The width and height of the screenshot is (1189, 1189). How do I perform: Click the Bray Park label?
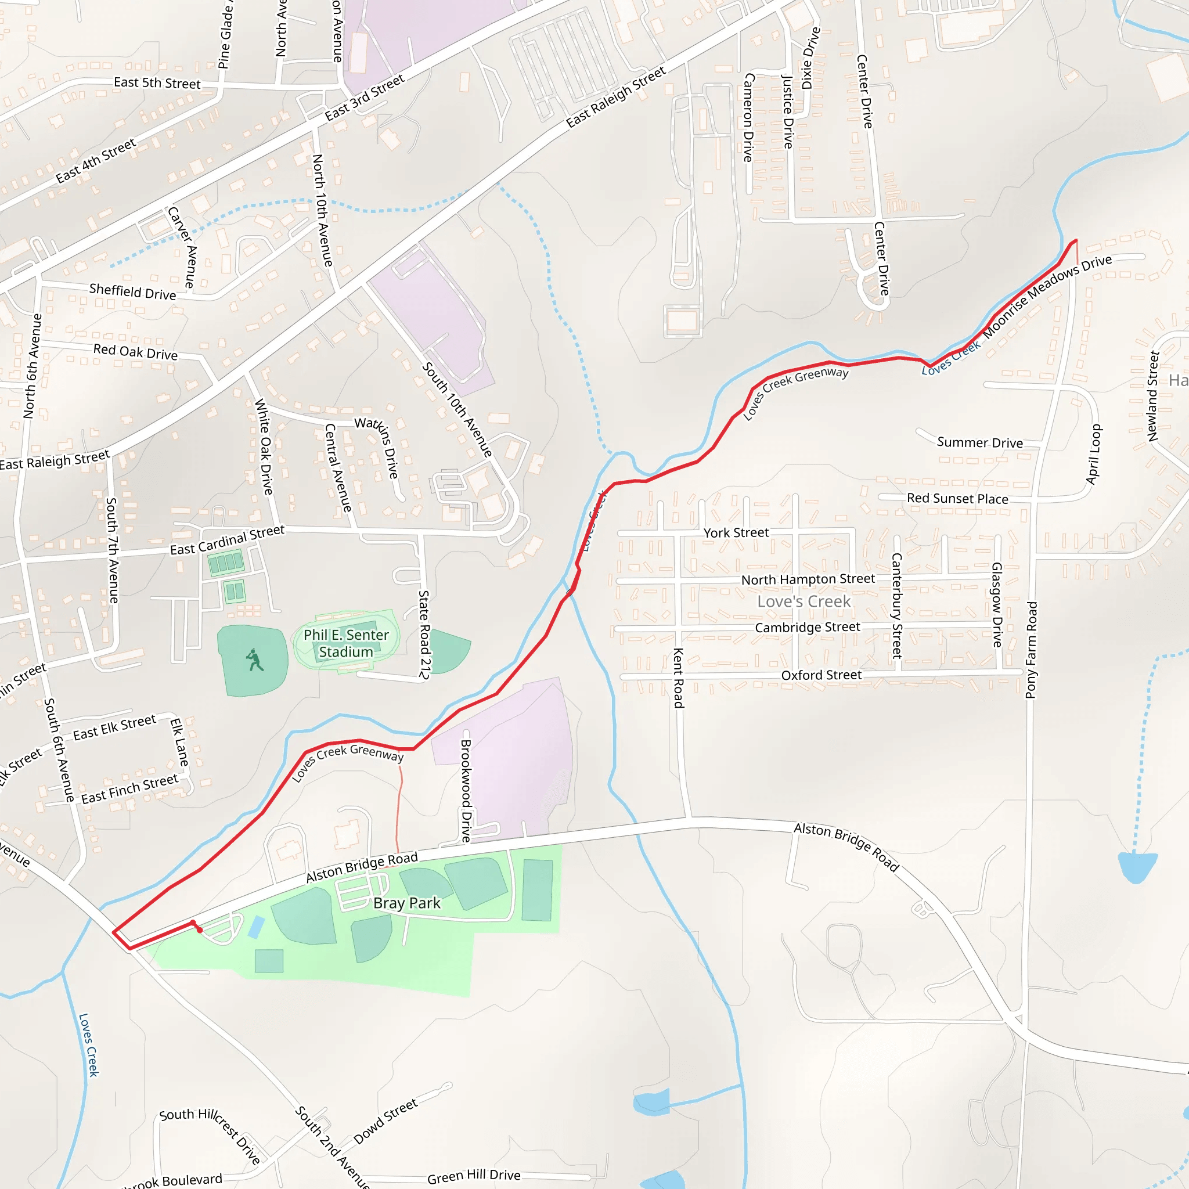point(407,903)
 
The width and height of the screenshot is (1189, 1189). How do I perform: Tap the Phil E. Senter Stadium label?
point(346,643)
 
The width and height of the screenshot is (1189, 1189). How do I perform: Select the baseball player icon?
point(254,660)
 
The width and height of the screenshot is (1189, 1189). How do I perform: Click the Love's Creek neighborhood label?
point(804,601)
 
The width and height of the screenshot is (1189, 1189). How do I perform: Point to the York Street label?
point(736,533)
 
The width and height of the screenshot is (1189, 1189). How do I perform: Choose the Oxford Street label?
point(821,675)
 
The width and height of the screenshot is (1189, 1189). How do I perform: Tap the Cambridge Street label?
point(808,627)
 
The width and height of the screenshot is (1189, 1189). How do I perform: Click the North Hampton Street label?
point(808,579)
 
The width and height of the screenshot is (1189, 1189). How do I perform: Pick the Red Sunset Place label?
point(957,499)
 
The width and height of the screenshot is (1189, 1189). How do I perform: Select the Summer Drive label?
point(980,442)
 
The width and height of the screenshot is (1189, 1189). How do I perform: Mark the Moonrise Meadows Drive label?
point(1047,296)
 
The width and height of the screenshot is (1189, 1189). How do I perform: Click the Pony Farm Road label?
point(1032,650)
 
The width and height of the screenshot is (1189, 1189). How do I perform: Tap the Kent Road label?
point(678,678)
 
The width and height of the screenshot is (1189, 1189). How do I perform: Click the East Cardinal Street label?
point(227,541)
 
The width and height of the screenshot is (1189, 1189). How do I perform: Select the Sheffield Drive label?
point(132,291)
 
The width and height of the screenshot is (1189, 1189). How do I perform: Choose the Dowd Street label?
point(386,1121)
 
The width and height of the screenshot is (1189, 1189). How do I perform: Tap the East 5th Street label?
point(157,83)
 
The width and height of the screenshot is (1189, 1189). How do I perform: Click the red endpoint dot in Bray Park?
point(199,930)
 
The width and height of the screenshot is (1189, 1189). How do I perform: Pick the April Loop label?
point(1094,454)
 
